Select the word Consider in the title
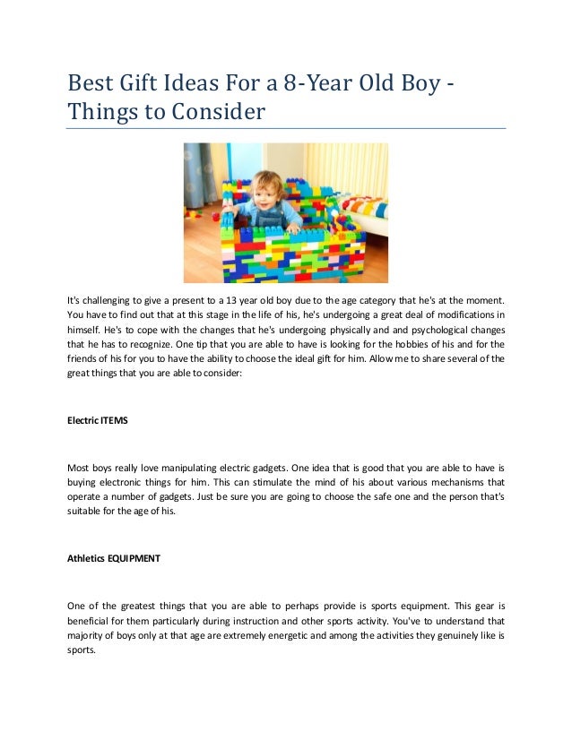[x=220, y=114]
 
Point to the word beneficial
[x=92, y=621]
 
